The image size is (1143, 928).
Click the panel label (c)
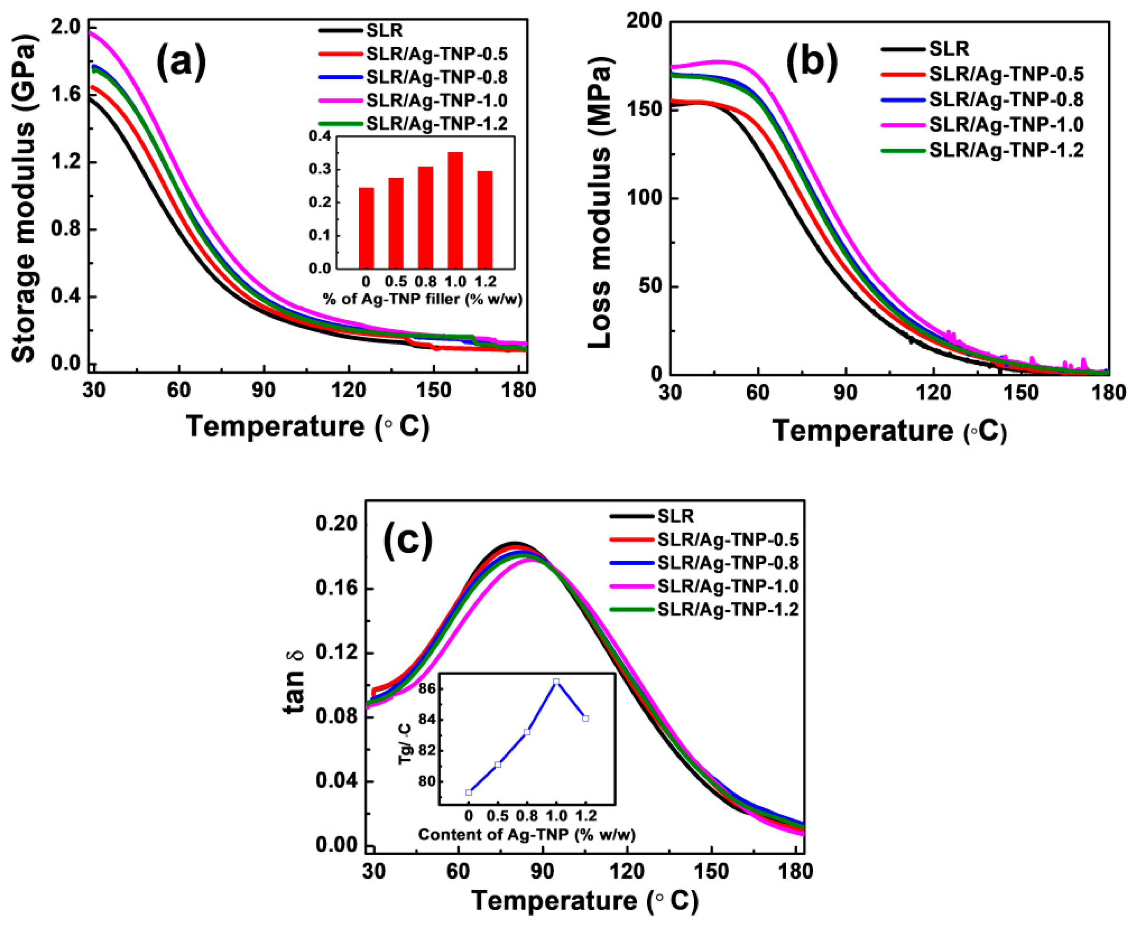408,541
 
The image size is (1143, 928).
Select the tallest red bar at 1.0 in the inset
455,210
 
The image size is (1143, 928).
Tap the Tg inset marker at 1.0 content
556,682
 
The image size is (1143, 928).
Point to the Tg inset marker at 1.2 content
586,718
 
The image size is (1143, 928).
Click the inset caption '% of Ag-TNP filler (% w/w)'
423,299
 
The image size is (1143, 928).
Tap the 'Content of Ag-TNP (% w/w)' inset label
526,834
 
